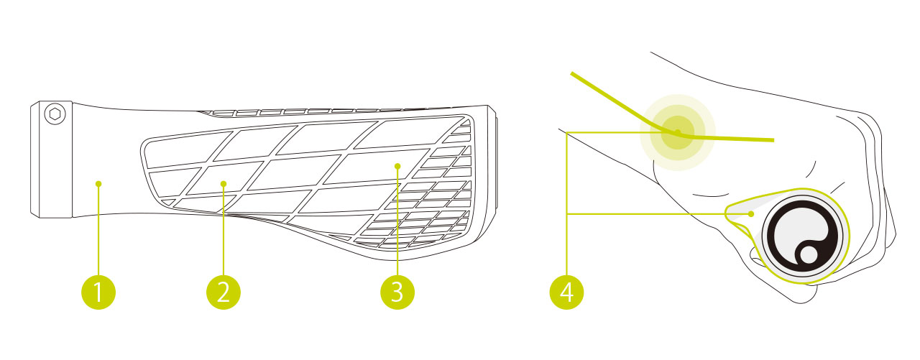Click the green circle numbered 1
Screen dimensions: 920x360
98,292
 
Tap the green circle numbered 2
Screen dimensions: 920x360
224,292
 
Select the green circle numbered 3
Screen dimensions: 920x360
397,292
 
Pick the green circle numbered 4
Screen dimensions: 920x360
567,292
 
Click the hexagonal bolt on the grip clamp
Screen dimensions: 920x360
55,114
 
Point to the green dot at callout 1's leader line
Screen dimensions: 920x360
98,184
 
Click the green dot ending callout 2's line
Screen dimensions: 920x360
224,184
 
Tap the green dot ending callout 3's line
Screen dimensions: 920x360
397,166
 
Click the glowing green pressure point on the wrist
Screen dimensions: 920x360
678,133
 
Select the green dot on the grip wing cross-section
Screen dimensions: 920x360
751,214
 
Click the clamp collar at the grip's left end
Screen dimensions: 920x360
51,160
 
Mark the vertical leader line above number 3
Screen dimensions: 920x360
397,222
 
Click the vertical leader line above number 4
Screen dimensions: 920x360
567,203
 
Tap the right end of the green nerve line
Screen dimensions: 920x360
773,140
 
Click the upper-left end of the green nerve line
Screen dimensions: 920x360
572,73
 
